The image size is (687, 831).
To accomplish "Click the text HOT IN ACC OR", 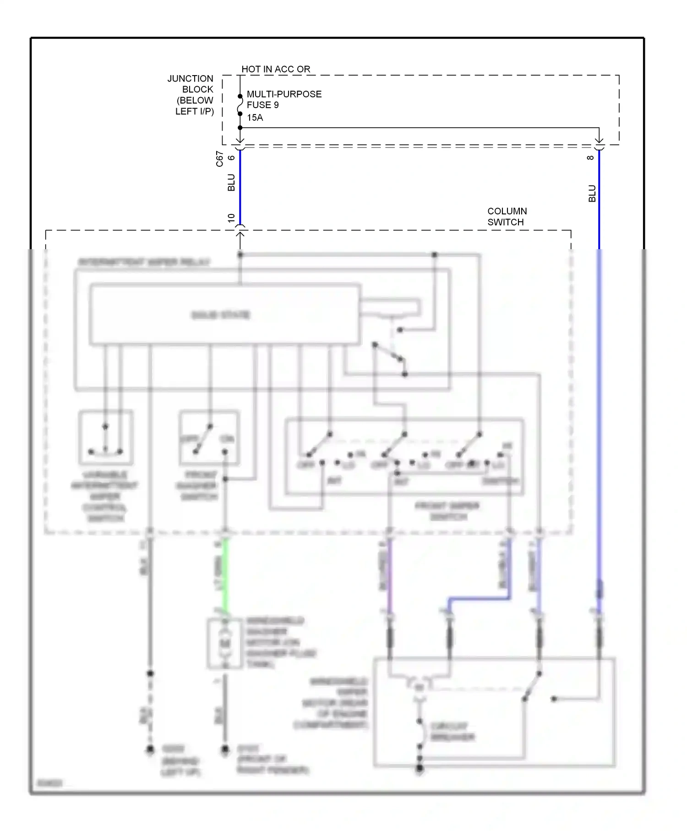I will click(x=276, y=69).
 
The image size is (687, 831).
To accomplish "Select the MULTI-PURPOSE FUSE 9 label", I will click(x=284, y=99).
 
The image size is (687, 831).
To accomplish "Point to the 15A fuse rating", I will click(x=255, y=118).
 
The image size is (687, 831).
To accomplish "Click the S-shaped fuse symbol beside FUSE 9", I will click(x=240, y=105).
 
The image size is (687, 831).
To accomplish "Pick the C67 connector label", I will click(x=220, y=159).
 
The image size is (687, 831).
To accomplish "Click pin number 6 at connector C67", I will click(x=232, y=158).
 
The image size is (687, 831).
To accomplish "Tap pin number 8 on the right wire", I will click(x=591, y=158).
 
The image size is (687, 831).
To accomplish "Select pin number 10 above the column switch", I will click(x=231, y=218).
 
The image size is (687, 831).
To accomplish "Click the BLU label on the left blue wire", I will click(x=231, y=182).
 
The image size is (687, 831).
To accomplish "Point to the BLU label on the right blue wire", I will click(x=592, y=194).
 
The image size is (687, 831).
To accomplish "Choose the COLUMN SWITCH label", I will click(x=507, y=217).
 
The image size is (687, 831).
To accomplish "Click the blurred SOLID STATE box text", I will click(x=221, y=315).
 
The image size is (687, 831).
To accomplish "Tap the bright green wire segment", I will click(x=225, y=575).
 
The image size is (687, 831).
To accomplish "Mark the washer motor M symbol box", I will click(x=225, y=644).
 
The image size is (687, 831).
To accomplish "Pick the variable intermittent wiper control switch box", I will click(x=106, y=437).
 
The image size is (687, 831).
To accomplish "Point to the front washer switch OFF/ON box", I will click(x=209, y=437).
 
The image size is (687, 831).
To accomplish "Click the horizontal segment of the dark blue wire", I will click(x=479, y=599).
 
